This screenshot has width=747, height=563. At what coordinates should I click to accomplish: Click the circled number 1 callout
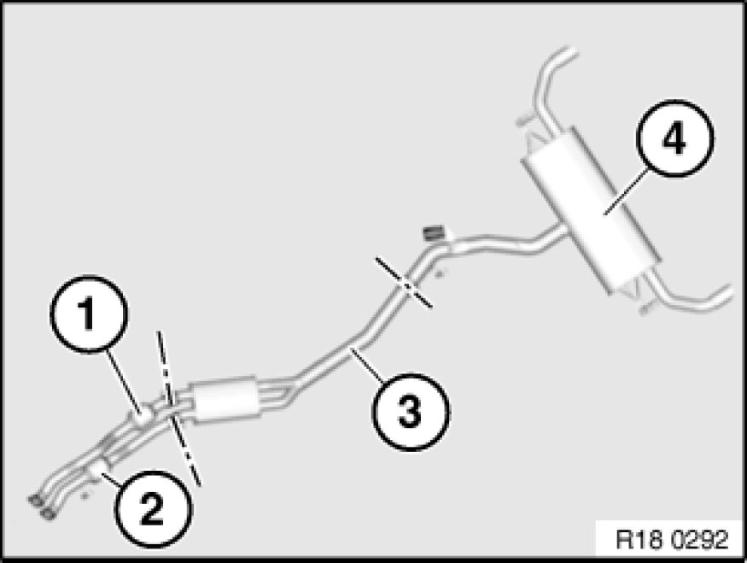89,314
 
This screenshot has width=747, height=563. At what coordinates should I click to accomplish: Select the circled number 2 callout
153,508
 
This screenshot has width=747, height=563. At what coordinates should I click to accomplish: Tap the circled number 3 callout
410,412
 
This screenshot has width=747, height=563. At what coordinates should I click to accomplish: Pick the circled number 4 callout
675,138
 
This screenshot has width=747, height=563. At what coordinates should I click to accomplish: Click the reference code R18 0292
672,540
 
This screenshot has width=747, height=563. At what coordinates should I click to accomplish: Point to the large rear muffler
591,210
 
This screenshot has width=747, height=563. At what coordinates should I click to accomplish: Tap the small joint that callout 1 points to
142,414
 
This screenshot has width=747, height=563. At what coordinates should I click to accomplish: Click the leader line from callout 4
627,191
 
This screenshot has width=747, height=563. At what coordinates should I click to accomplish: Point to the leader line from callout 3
367,365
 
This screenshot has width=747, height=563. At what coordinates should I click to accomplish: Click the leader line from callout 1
124,380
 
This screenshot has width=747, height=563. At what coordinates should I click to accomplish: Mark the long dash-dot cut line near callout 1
179,408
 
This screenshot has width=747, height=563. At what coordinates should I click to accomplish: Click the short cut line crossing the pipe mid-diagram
404,283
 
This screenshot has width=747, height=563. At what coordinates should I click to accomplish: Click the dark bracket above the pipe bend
434,233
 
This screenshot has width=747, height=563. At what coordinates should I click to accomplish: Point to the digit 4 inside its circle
674,138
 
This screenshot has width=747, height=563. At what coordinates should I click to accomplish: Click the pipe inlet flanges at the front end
41,507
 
